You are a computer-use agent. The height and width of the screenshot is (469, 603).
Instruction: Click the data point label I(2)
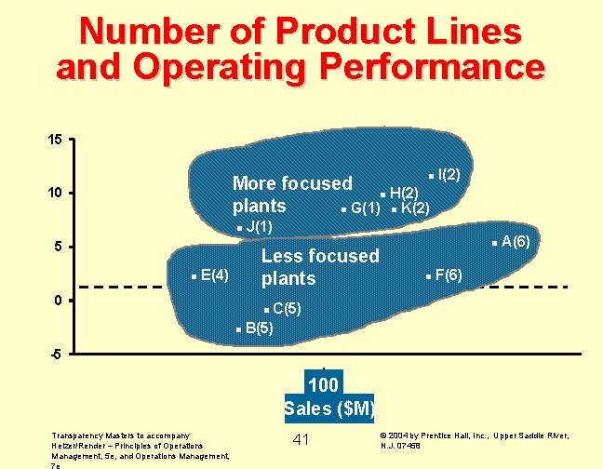click(456, 175)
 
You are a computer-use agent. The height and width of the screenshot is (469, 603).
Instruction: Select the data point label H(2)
click(403, 193)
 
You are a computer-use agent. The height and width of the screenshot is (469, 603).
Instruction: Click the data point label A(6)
click(516, 242)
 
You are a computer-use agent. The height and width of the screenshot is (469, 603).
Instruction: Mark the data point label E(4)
click(214, 275)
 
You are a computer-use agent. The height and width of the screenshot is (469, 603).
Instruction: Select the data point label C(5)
click(286, 308)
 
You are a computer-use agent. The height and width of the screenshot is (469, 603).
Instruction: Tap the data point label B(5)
click(259, 328)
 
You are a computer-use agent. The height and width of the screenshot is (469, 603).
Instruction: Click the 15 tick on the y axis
click(56, 140)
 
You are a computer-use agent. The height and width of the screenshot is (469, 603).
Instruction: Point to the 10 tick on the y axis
click(56, 193)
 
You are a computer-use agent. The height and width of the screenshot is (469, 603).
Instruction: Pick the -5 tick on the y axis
click(56, 355)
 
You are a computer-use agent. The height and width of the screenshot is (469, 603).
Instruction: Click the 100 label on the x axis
click(323, 384)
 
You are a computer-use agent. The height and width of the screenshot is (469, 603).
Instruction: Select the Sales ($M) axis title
click(329, 408)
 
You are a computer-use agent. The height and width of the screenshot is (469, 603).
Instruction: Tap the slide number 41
click(300, 439)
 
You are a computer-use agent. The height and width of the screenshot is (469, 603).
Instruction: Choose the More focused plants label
click(291, 194)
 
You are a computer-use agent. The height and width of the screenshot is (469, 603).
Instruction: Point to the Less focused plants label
click(320, 267)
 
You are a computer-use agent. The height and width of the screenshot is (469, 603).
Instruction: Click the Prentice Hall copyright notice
click(475, 439)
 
